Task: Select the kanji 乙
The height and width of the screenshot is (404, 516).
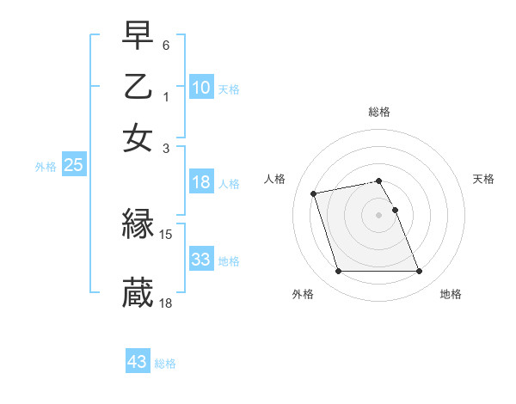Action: point(138,87)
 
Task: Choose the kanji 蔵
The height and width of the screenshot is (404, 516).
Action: point(138,292)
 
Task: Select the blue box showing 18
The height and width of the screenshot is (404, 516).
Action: point(200,182)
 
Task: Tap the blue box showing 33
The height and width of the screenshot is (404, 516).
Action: point(200,260)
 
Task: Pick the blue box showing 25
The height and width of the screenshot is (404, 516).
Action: point(73,166)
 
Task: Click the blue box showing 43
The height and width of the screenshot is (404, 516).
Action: point(137,362)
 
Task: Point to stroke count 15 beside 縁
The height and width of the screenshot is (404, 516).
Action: point(167,234)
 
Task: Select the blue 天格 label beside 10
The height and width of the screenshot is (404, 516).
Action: point(229,89)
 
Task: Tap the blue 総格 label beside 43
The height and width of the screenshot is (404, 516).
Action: point(165,364)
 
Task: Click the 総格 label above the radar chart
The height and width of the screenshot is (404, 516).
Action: point(379,112)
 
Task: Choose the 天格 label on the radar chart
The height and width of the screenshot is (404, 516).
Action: point(484,179)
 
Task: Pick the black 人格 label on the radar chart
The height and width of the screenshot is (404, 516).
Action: point(275,179)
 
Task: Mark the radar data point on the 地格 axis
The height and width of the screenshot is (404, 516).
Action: point(419,272)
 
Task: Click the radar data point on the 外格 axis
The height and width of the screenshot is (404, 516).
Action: point(338,272)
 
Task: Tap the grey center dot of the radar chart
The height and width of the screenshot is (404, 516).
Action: point(379,214)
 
